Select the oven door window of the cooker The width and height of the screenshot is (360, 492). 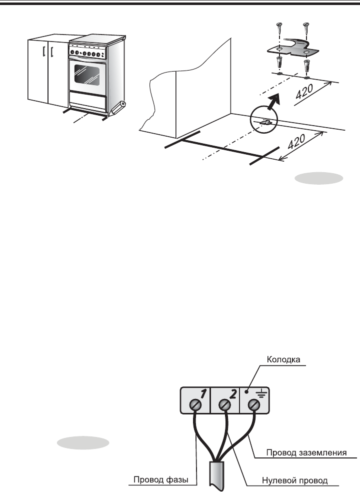click(x=87, y=74)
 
